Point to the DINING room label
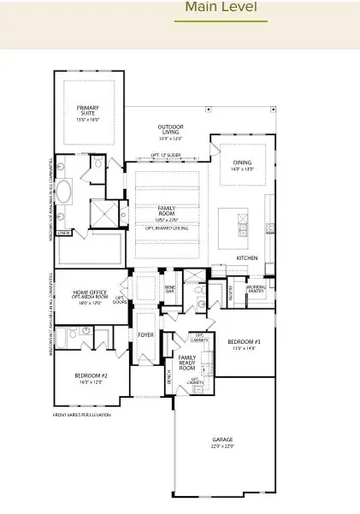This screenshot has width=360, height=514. (x=242, y=165)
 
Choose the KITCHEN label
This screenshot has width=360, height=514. (x=247, y=257)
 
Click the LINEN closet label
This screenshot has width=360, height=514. (x=62, y=232)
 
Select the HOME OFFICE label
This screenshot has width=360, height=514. (x=90, y=295)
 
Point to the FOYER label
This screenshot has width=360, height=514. (x=146, y=334)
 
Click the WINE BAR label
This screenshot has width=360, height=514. (x=169, y=288)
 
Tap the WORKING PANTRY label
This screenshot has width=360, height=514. (x=257, y=289)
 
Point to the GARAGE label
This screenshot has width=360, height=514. (x=222, y=442)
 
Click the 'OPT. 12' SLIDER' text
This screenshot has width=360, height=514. (x=165, y=155)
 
